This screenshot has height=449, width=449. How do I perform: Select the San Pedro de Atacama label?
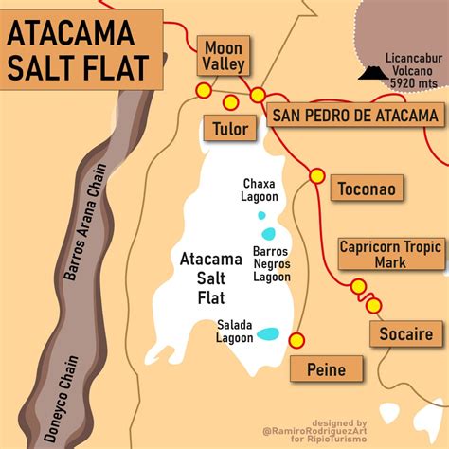(355, 116)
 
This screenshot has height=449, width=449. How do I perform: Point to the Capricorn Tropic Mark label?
(391, 254)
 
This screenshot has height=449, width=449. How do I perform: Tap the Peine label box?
(325, 369)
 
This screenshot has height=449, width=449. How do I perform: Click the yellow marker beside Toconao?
(316, 175)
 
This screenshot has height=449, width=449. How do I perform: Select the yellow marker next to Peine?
(296, 340)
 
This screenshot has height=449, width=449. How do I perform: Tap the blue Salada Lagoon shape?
(269, 333)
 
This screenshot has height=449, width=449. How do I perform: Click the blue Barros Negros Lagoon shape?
(269, 234)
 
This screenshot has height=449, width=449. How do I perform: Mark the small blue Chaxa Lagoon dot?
(262, 215)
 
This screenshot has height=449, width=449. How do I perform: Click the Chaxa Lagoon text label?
(260, 189)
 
